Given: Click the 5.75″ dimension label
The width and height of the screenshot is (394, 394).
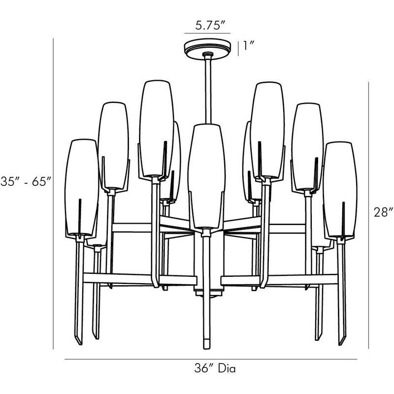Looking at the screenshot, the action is point(210,26).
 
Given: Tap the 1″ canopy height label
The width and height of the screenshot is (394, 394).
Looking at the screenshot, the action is point(249,45).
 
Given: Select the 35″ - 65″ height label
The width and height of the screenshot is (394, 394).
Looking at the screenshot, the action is point(26,181).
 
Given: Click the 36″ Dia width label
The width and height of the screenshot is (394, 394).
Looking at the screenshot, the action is point(215,368).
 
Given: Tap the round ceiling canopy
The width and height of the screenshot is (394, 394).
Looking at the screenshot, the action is point(207,48).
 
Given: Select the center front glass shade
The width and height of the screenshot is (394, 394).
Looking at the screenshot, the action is point(206,176).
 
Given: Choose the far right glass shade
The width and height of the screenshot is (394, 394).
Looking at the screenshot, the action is point(340,189).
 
